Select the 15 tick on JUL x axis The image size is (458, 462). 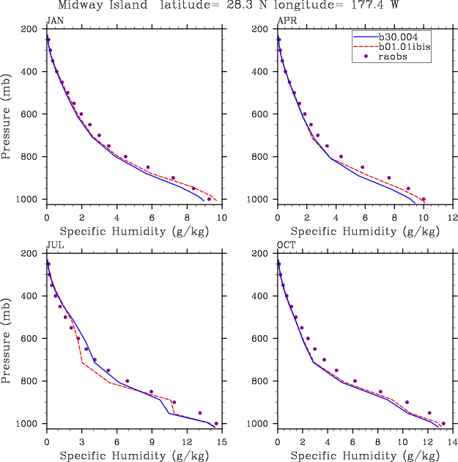coord(221,442)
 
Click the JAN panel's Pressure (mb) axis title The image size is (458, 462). coord(7,114)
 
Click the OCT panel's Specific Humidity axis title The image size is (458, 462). coord(364,455)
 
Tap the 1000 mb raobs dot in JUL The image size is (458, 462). coord(216,424)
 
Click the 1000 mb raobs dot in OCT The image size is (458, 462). coord(443,424)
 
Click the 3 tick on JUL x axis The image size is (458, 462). coord(82,442)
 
